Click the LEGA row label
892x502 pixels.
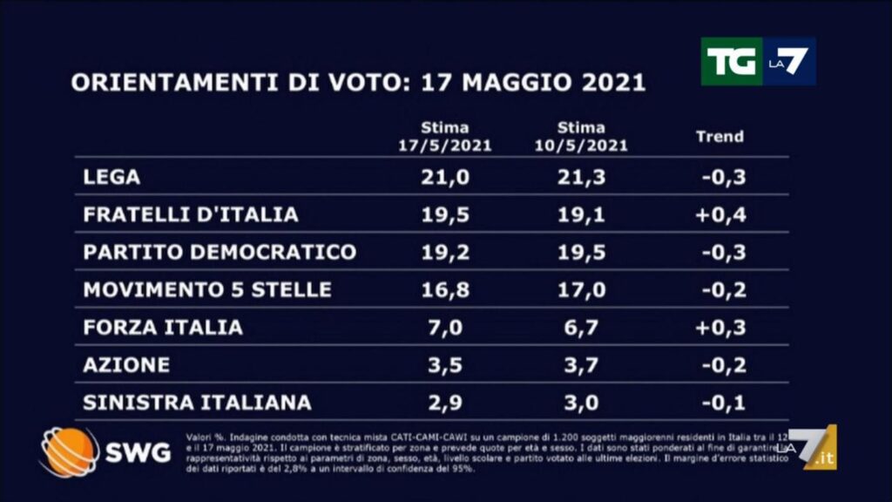[111, 177]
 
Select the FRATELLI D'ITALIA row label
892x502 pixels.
[191, 214]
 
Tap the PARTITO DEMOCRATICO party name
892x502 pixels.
[220, 252]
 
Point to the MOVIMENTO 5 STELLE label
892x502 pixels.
[207, 289]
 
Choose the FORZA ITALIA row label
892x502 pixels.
[163, 328]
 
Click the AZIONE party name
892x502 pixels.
[126, 365]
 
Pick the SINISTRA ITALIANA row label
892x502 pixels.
[197, 403]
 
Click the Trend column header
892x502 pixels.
[720, 136]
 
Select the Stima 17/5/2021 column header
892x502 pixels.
[444, 137]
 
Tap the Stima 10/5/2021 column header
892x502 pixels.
[581, 137]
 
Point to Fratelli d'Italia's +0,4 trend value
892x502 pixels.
[721, 214]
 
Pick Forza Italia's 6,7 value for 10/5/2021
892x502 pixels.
[579, 328]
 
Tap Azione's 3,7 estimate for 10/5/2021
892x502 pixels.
[579, 365]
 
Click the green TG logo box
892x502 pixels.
[731, 61]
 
